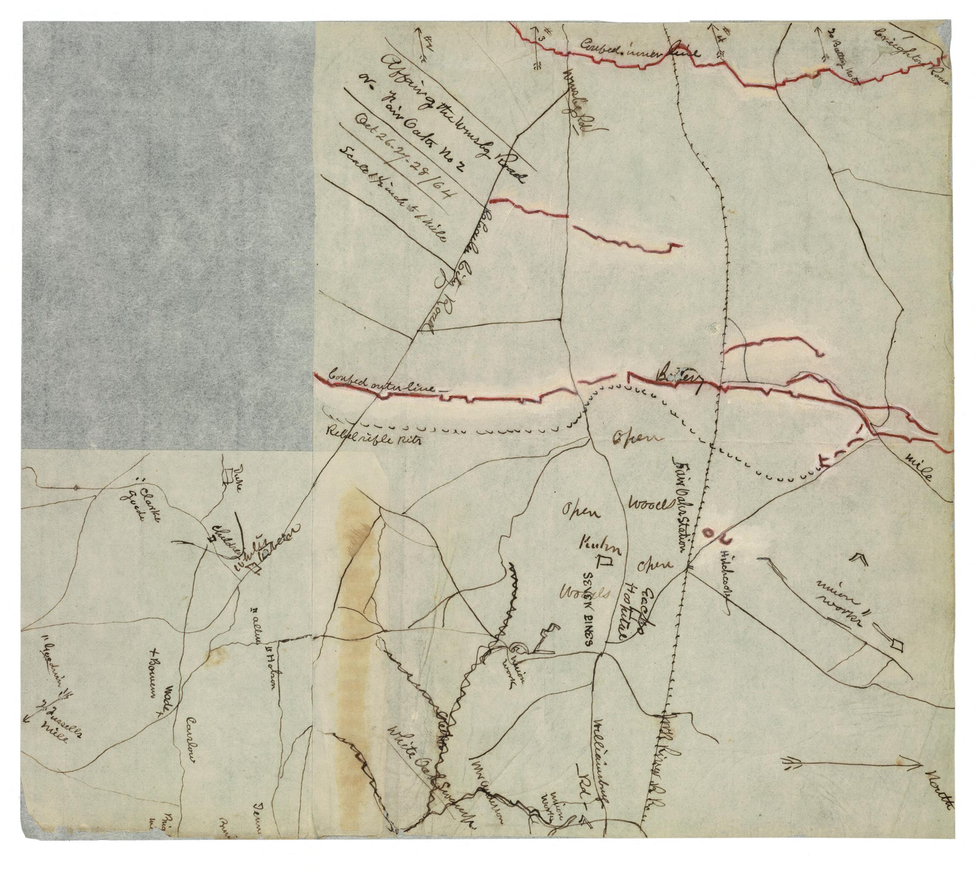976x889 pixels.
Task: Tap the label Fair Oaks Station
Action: (x=681, y=503)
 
